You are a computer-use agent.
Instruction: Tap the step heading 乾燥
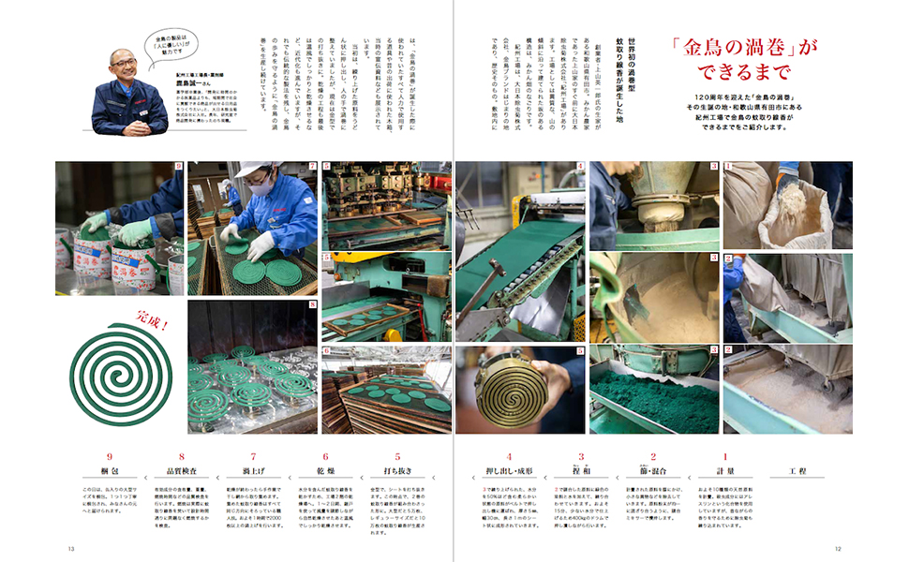pos(325,471)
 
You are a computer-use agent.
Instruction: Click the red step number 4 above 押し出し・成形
pos(509,457)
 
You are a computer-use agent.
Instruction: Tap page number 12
pos(839,548)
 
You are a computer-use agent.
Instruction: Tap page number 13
pos(71,548)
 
